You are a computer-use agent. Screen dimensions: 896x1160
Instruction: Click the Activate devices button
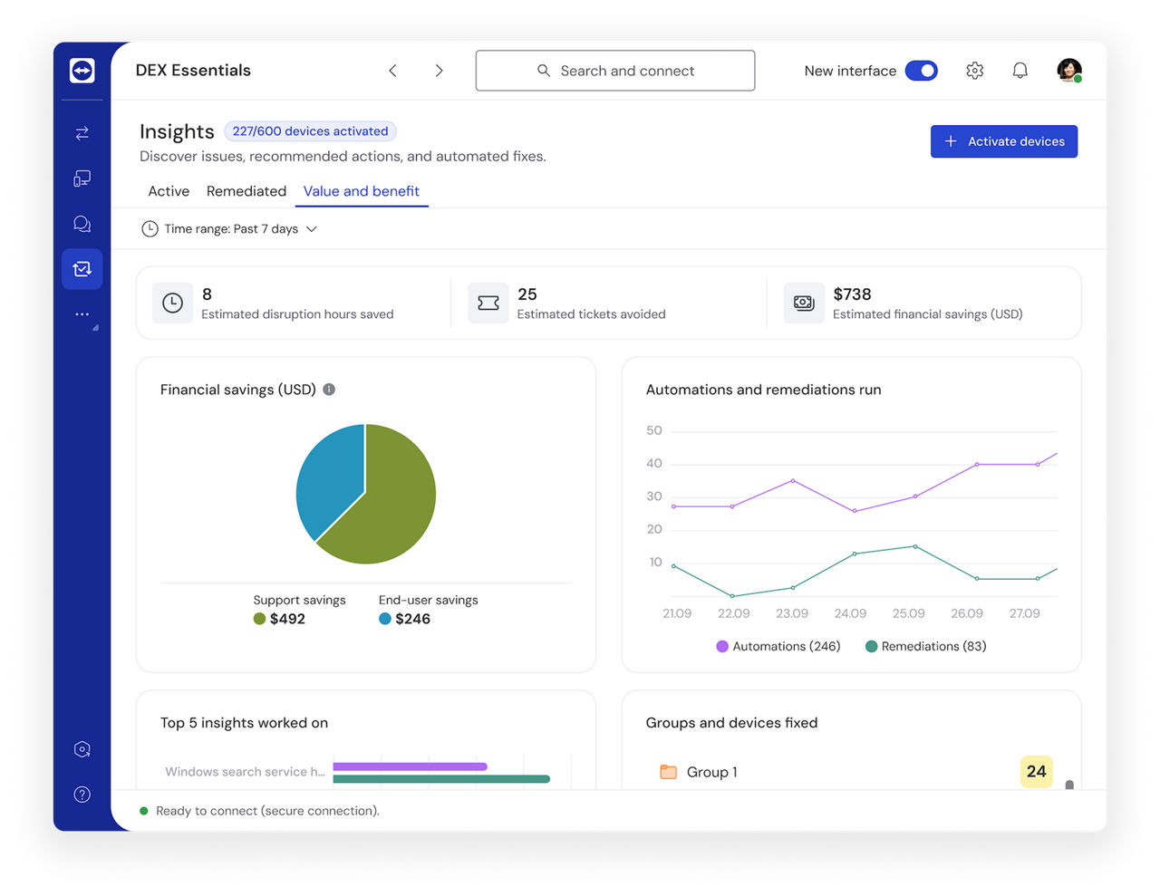pyautogui.click(x=1003, y=141)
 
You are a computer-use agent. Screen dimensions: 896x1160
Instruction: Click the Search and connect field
pyautogui.click(x=614, y=71)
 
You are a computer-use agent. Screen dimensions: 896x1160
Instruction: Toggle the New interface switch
pyautogui.click(x=921, y=71)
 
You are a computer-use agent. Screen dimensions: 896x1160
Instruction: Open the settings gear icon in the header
pyautogui.click(x=974, y=71)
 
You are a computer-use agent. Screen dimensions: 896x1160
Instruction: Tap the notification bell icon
pyautogui.click(x=1020, y=71)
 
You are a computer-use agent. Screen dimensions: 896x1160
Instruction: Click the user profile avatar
pyautogui.click(x=1068, y=71)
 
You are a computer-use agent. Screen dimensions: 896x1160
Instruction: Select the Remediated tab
pyautogui.click(x=246, y=191)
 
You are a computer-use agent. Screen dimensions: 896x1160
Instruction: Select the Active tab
pyautogui.click(x=169, y=191)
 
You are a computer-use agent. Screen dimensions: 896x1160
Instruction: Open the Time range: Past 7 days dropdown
pyautogui.click(x=229, y=229)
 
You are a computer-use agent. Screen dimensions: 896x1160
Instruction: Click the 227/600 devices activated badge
pyautogui.click(x=310, y=131)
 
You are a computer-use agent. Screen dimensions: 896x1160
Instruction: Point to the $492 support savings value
pyautogui.click(x=287, y=619)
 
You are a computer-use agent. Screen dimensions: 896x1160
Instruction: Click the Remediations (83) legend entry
pyautogui.click(x=925, y=646)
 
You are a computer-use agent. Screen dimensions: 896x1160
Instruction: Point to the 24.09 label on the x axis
pyautogui.click(x=850, y=613)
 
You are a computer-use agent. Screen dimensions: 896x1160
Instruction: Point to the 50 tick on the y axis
pyautogui.click(x=654, y=430)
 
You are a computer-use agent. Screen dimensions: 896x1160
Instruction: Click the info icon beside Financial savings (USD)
pyautogui.click(x=329, y=390)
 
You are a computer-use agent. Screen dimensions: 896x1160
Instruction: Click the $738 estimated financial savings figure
pyautogui.click(x=852, y=294)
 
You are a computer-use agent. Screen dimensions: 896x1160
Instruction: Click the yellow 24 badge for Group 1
pyautogui.click(x=1036, y=771)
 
